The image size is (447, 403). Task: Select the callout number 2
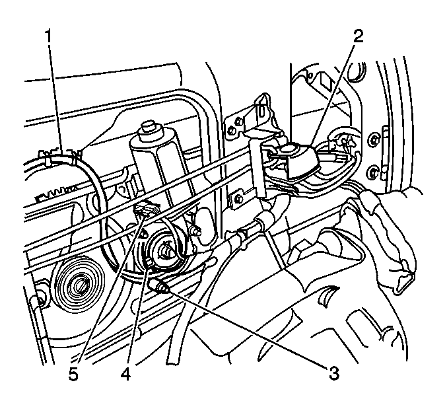(359, 36)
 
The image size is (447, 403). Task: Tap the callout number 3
(334, 373)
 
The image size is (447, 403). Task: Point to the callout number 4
(125, 374)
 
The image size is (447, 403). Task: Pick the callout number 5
(73, 374)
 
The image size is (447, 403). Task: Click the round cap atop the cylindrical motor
(149, 128)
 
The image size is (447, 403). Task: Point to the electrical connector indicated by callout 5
(146, 208)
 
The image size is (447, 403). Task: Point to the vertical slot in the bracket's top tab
(261, 111)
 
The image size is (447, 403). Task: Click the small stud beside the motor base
(195, 231)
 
